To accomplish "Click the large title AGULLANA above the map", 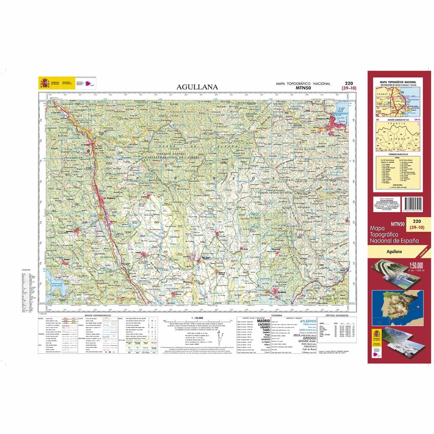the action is [197, 87].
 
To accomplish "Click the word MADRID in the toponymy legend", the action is [263, 321].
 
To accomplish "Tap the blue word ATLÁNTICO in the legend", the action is [310, 321].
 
